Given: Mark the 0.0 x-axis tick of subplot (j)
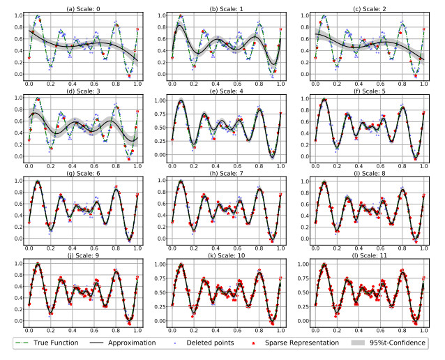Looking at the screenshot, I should coord(29,330).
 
